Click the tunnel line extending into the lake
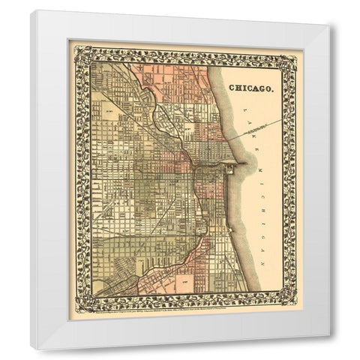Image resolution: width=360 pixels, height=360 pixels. (x=259, y=124)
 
